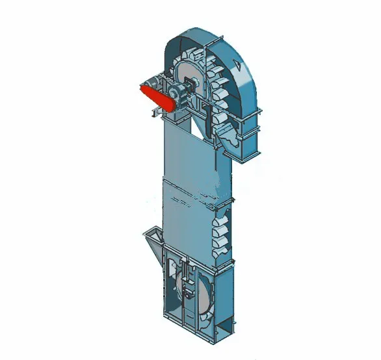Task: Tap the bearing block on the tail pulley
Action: point(188,293)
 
